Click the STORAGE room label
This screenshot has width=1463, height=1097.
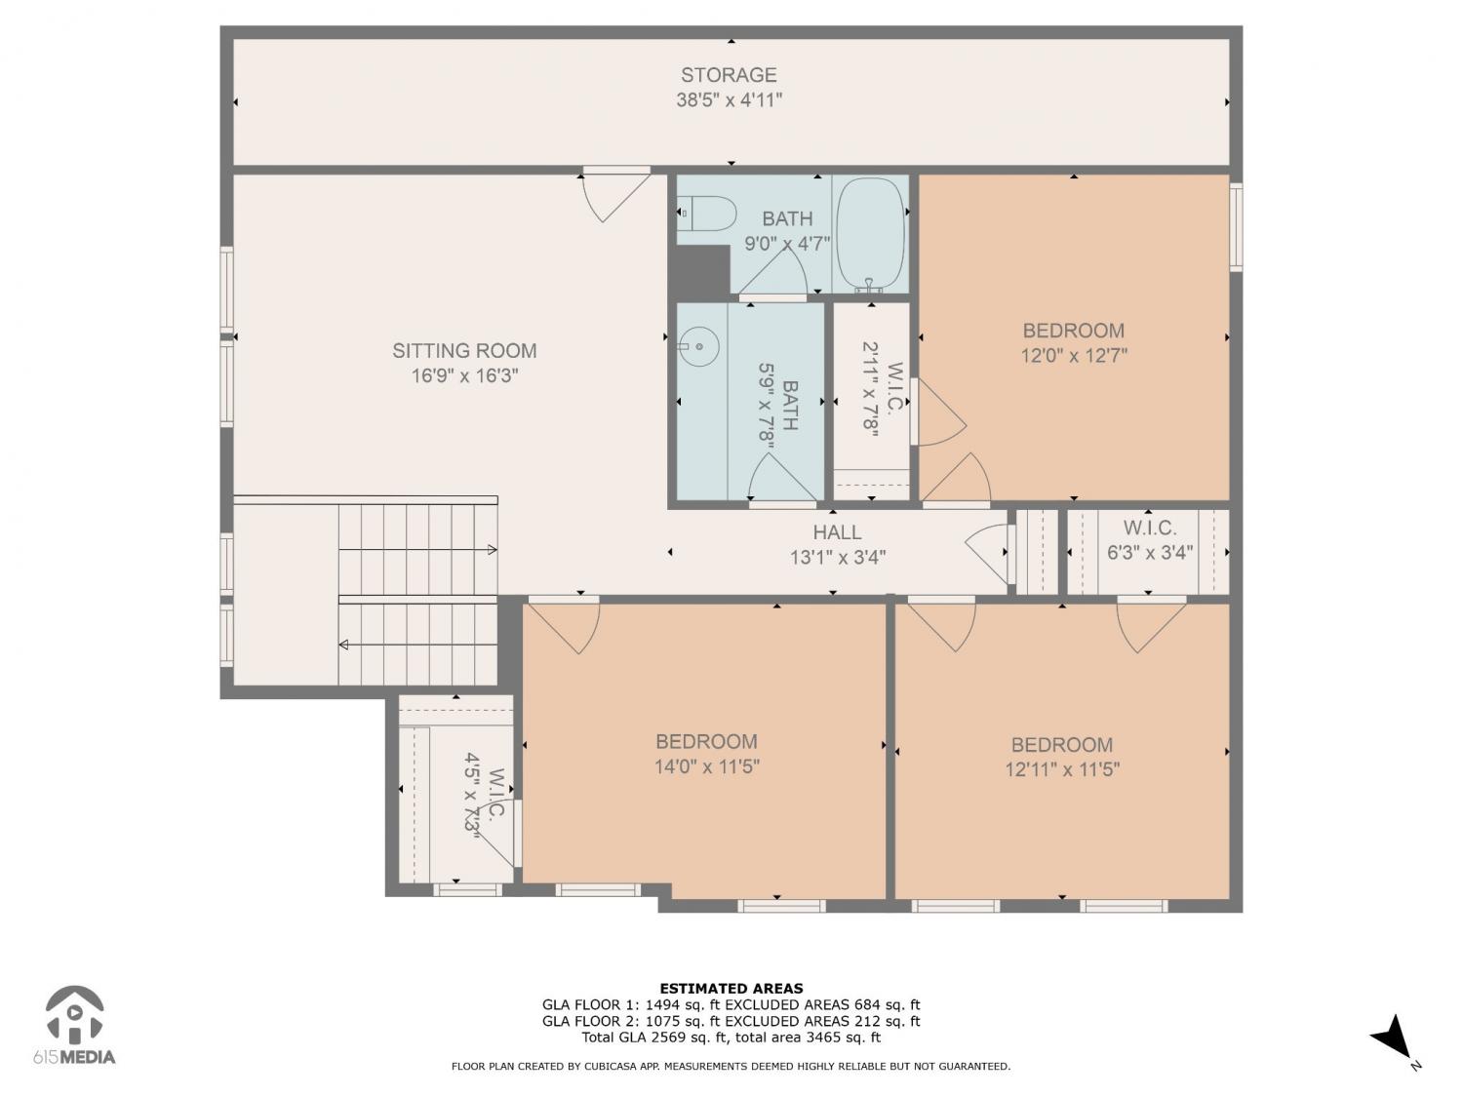[729, 75]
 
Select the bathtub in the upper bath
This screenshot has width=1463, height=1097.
[870, 235]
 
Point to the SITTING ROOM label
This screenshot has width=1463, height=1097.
[464, 350]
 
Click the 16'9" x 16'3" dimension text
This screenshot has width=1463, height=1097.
[464, 375]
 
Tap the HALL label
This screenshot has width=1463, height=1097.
[837, 532]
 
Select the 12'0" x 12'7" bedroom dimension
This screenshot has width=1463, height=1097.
[1074, 356]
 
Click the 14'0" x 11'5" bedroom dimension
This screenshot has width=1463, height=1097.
[706, 766]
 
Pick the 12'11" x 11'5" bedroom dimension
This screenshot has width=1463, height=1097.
[1062, 769]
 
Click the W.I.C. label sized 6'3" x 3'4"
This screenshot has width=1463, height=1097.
[1150, 529]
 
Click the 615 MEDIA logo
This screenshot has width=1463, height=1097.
[75, 1025]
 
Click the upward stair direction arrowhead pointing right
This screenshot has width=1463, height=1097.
[492, 550]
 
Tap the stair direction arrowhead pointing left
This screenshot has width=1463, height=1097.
[344, 645]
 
